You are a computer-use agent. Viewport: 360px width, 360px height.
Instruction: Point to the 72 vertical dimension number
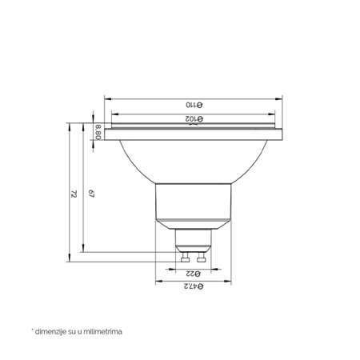(x=74, y=194)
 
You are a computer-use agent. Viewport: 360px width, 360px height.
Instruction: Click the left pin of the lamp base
(x=186, y=257)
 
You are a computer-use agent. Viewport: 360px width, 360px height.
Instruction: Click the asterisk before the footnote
(x=32, y=328)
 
